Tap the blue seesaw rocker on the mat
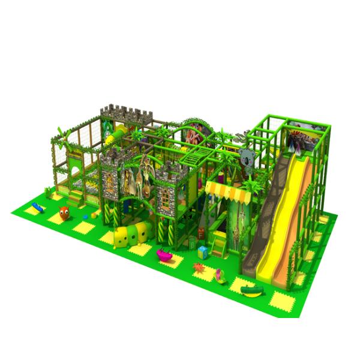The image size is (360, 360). [37, 207]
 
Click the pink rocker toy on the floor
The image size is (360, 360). [163, 254]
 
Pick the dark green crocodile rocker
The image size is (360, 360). [251, 290]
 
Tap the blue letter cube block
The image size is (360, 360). [203, 252]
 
